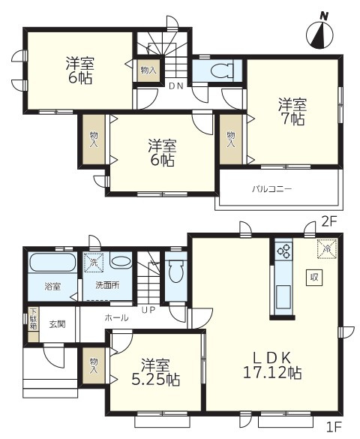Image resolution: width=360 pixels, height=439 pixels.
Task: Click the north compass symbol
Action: [x=319, y=33]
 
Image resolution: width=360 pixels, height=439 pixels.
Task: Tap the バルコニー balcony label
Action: [x=272, y=189]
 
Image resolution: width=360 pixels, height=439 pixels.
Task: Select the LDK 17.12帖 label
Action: [x=272, y=365]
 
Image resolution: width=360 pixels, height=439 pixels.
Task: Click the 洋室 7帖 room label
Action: [x=292, y=111]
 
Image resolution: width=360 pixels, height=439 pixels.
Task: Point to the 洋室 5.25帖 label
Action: [x=156, y=372]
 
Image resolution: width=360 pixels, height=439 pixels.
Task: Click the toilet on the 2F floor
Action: [x=222, y=71]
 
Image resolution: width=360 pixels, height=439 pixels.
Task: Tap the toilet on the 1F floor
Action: [x=176, y=271]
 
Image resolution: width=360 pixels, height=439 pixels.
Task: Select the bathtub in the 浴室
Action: [x=52, y=263]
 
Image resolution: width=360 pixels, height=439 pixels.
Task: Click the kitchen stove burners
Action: [x=284, y=251]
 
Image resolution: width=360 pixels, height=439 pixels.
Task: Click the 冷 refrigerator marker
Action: [x=326, y=248]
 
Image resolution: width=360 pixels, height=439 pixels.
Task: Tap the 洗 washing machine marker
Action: [x=94, y=263]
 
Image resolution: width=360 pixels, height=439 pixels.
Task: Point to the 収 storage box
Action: [x=314, y=278]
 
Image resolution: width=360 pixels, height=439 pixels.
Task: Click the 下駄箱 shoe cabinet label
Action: [x=34, y=319]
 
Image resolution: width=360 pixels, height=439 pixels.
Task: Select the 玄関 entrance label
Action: [x=58, y=324]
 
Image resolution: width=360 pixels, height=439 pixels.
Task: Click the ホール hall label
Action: [x=117, y=317]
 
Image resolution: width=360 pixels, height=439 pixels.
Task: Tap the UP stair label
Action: [x=148, y=310]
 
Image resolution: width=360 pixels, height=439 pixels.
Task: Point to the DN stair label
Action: [x=176, y=86]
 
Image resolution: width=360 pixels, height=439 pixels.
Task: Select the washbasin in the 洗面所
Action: [x=121, y=262]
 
